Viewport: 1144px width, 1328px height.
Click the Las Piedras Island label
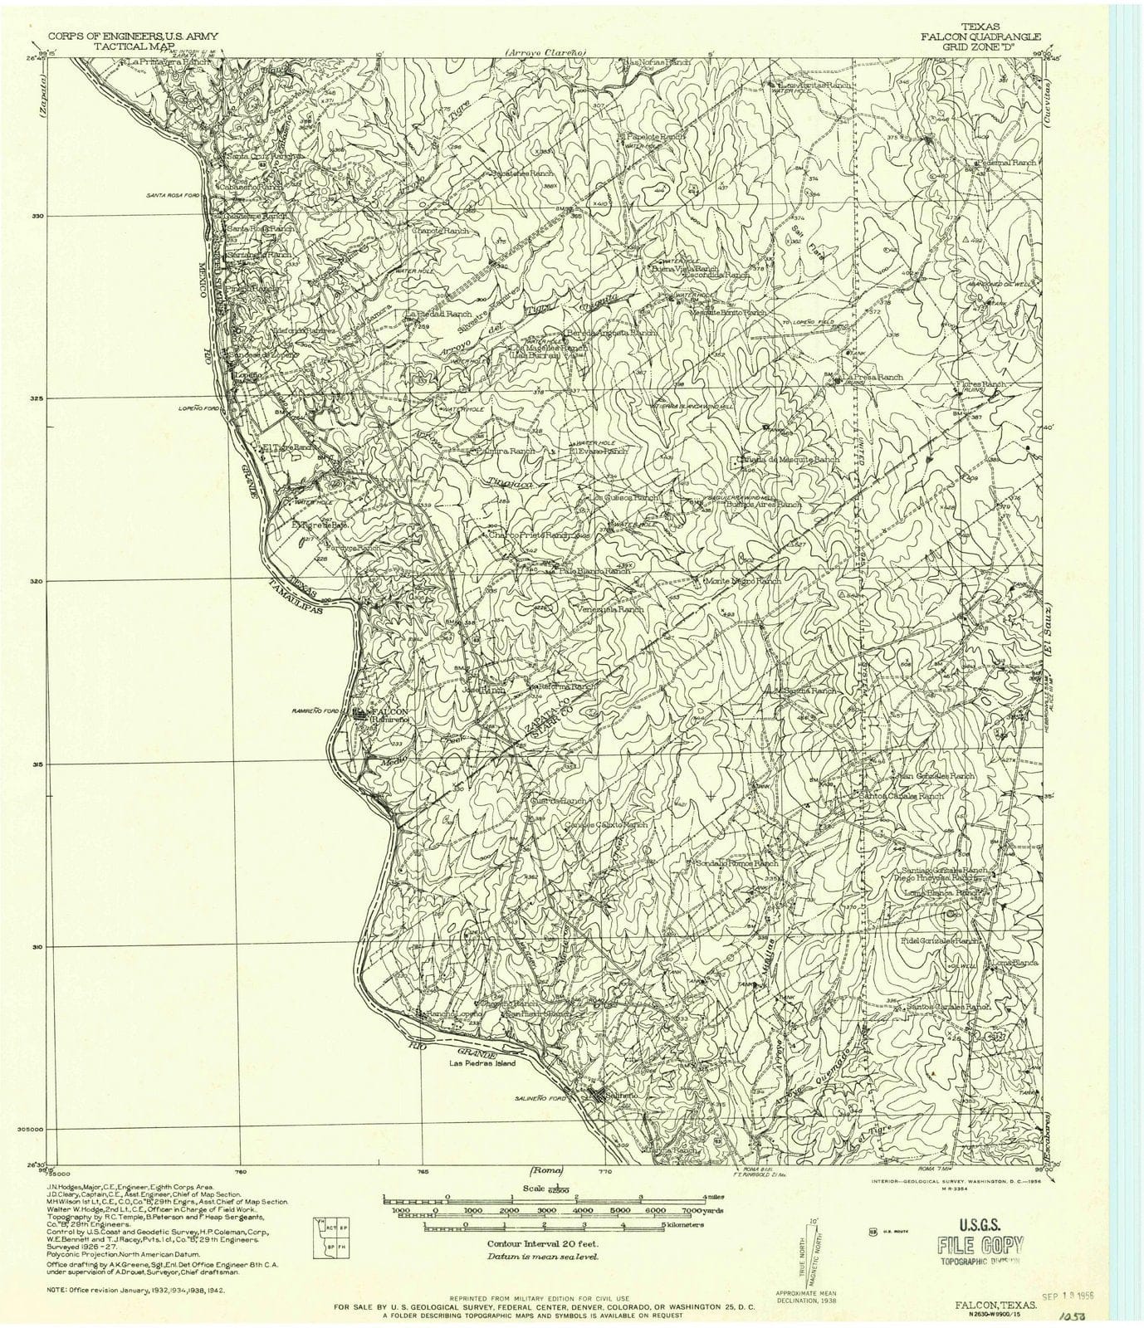tap(482, 1063)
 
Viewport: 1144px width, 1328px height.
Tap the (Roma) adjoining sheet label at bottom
tap(546, 1171)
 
